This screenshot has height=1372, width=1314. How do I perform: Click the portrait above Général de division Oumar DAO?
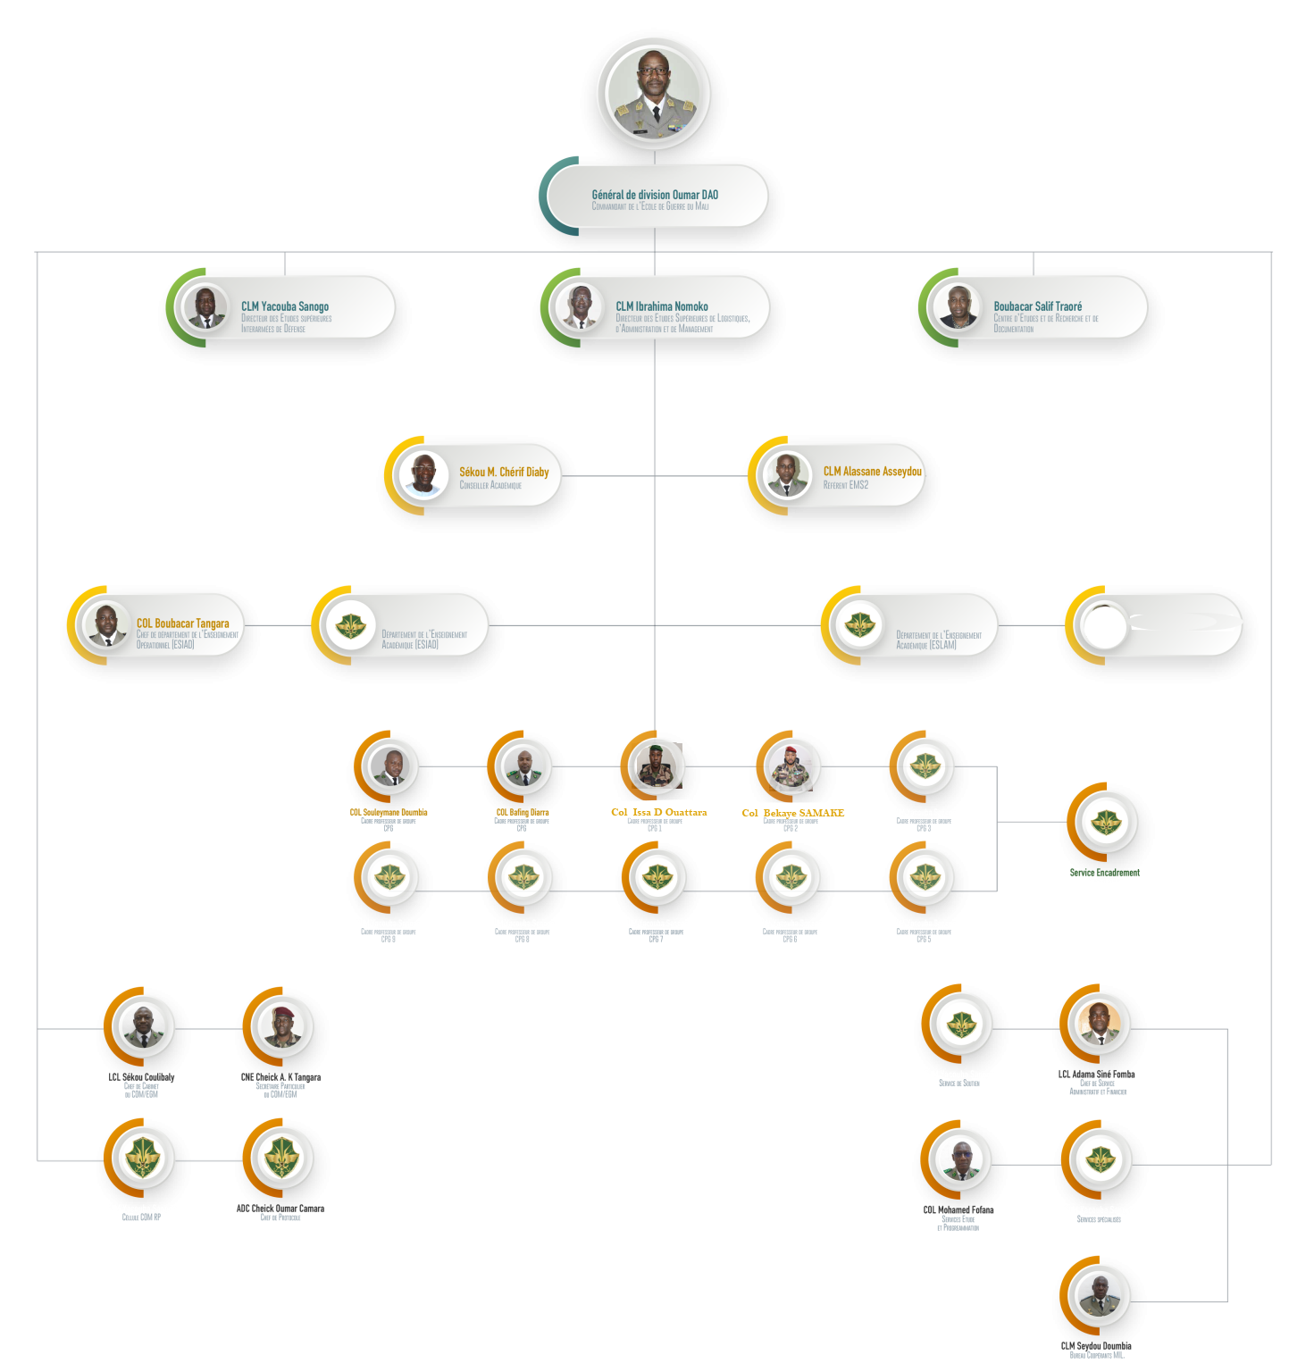tap(654, 94)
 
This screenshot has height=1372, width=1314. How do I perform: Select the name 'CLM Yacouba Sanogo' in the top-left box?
tap(285, 306)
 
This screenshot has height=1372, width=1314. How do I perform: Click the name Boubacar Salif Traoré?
tap(1037, 306)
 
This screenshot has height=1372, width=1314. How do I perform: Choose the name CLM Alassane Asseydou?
tap(872, 472)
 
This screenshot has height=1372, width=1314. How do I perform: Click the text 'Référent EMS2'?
tap(845, 485)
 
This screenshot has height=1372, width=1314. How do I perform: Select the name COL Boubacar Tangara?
tap(182, 623)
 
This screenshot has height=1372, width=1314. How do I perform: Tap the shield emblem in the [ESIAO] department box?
tap(350, 625)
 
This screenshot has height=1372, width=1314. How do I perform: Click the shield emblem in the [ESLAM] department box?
tap(859, 624)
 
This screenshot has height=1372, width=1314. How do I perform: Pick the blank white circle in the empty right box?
tap(1102, 625)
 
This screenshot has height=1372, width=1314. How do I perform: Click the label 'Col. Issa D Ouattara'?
tap(658, 813)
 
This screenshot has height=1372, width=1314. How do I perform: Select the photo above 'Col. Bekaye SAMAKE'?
tap(790, 766)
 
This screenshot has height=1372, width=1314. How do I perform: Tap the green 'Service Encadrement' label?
tap(1104, 873)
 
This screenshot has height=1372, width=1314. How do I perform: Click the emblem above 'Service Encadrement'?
tap(1105, 822)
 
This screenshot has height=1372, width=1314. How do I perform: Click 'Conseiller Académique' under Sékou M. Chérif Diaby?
tap(490, 486)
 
